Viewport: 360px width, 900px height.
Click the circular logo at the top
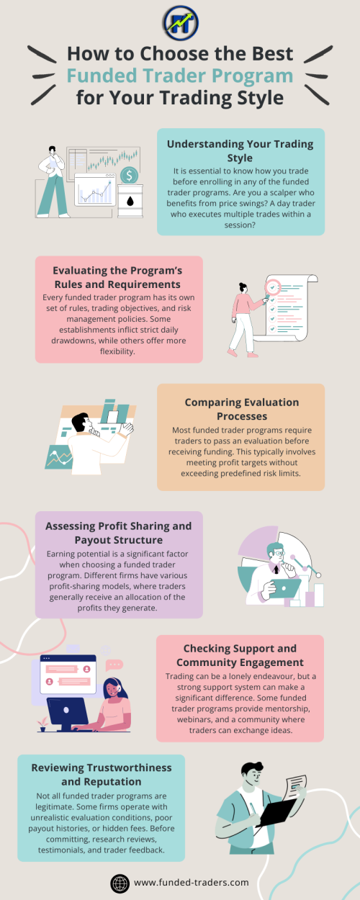point(181,22)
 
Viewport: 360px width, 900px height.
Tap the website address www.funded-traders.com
point(192,883)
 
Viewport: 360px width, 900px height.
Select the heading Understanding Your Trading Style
point(240,150)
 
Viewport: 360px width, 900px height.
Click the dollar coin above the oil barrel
point(129,175)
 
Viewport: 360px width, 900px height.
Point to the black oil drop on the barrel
point(130,201)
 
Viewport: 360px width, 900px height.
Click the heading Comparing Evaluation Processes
point(241,409)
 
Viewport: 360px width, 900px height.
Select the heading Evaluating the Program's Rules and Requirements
point(118,277)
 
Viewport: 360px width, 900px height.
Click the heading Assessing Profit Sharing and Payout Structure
point(119,533)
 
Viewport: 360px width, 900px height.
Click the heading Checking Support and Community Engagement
point(240,655)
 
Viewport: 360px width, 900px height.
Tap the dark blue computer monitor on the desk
point(68,714)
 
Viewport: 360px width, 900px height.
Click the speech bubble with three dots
point(114,665)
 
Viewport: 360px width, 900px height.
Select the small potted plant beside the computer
point(42,724)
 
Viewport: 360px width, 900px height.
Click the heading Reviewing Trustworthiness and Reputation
point(102,774)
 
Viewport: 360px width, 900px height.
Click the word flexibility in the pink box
point(117,351)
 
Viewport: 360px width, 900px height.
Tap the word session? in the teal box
point(240,225)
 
